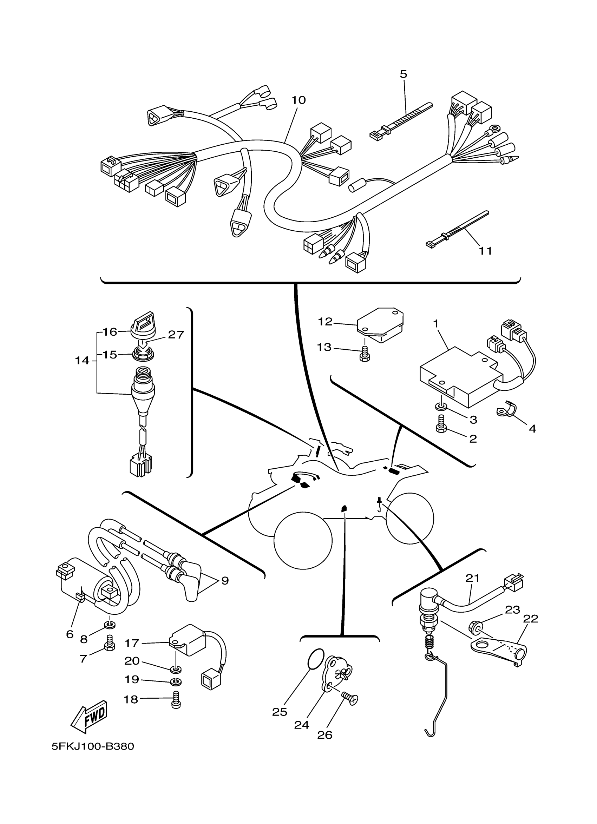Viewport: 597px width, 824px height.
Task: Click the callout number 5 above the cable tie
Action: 404,74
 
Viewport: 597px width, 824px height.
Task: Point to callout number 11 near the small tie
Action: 485,251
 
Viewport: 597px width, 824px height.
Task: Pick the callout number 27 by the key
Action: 176,335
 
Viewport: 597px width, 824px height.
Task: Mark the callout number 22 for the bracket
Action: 530,619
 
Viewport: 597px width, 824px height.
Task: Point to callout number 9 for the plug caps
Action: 225,581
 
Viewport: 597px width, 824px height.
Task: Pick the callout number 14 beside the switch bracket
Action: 82,361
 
